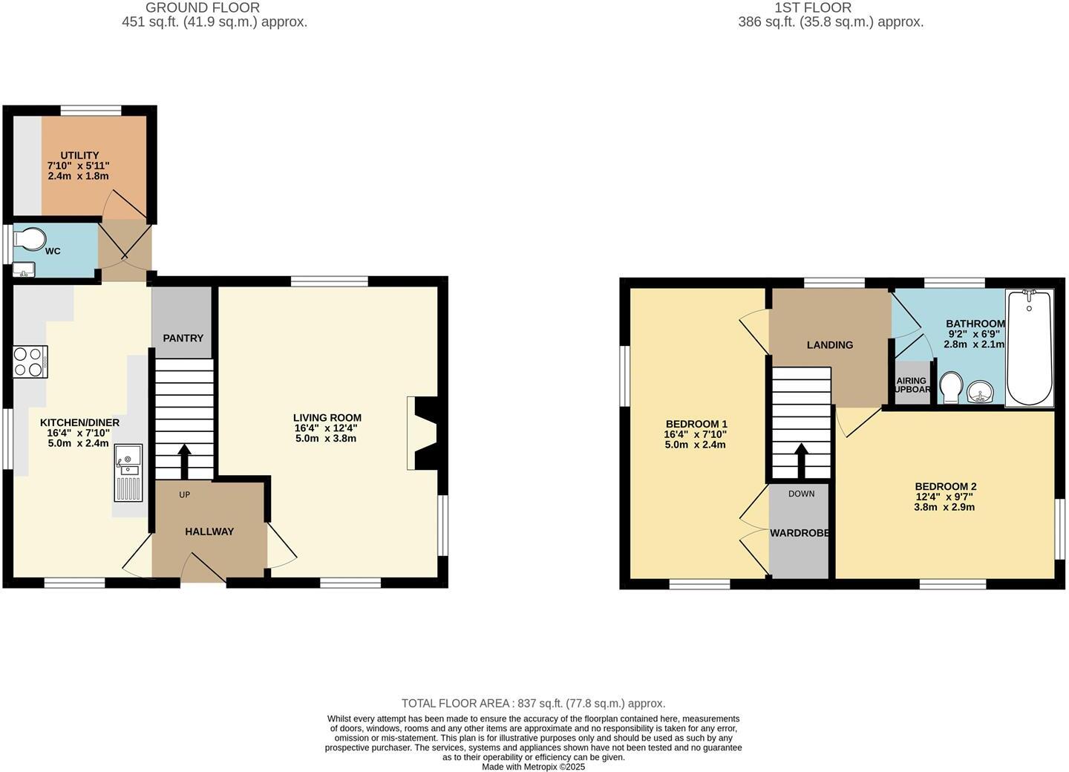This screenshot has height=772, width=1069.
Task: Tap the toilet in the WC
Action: click(30, 238)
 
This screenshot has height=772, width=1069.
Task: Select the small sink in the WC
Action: click(24, 269)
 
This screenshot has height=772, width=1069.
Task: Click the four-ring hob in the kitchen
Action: click(30, 362)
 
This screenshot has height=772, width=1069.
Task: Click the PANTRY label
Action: click(183, 338)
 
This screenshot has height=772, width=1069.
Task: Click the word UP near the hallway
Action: click(184, 494)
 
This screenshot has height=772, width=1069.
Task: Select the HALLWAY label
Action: click(209, 531)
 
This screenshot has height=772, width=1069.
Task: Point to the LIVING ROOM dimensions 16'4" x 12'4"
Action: click(326, 428)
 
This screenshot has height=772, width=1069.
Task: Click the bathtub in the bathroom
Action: click(1029, 348)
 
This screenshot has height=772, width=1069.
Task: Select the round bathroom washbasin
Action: click(981, 391)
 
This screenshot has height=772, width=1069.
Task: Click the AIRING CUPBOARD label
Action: click(912, 385)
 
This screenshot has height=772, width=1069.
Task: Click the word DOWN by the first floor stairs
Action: click(801, 494)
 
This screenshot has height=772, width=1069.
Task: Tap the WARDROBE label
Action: click(799, 533)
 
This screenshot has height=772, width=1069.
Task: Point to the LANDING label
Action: click(830, 344)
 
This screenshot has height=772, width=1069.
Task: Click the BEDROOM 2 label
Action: click(944, 487)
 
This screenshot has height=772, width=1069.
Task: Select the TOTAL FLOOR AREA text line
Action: click(533, 703)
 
